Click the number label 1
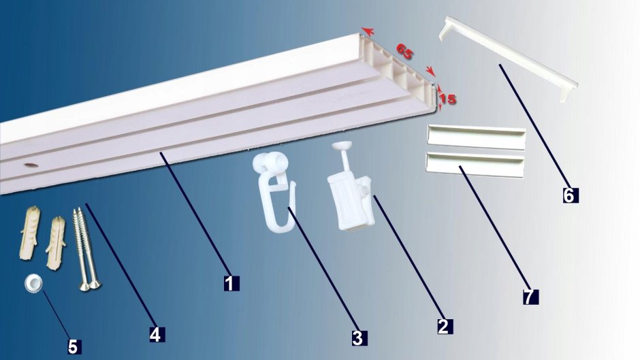(231, 283)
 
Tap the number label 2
(444, 326)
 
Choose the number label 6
(569, 195)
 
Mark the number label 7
(529, 297)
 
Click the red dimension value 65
(404, 52)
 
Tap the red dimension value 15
(448, 99)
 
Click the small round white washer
(32, 283)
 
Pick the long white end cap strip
(509, 59)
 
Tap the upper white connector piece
(476, 137)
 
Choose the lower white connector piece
(475, 165)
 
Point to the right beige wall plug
(56, 243)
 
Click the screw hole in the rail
(31, 165)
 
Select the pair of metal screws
(85, 249)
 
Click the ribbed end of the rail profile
(396, 71)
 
